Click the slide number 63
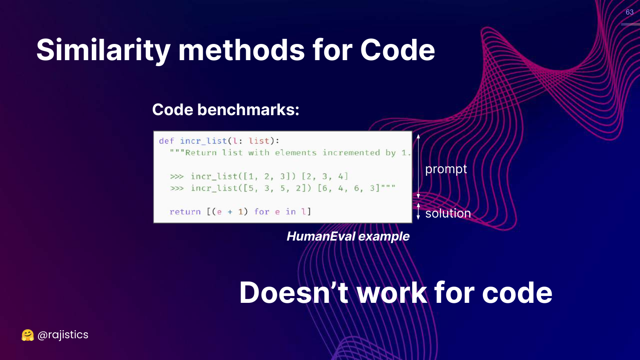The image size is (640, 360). [629, 12]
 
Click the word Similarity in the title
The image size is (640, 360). [103, 50]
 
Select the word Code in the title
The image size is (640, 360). [397, 50]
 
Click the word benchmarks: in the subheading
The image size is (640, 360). [248, 110]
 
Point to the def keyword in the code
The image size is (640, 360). [166, 141]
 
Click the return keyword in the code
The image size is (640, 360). [185, 212]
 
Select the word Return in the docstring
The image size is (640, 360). [201, 153]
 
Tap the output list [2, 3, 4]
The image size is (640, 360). [325, 176]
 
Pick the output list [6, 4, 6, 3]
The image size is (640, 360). [349, 188]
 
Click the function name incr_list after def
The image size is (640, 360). [204, 141]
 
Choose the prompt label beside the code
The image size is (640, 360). [446, 169]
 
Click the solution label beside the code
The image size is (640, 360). [448, 213]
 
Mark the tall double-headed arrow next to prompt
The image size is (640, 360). [418, 166]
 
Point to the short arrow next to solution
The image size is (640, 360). [418, 211]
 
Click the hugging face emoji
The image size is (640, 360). [28, 335]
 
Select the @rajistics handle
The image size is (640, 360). [63, 335]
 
